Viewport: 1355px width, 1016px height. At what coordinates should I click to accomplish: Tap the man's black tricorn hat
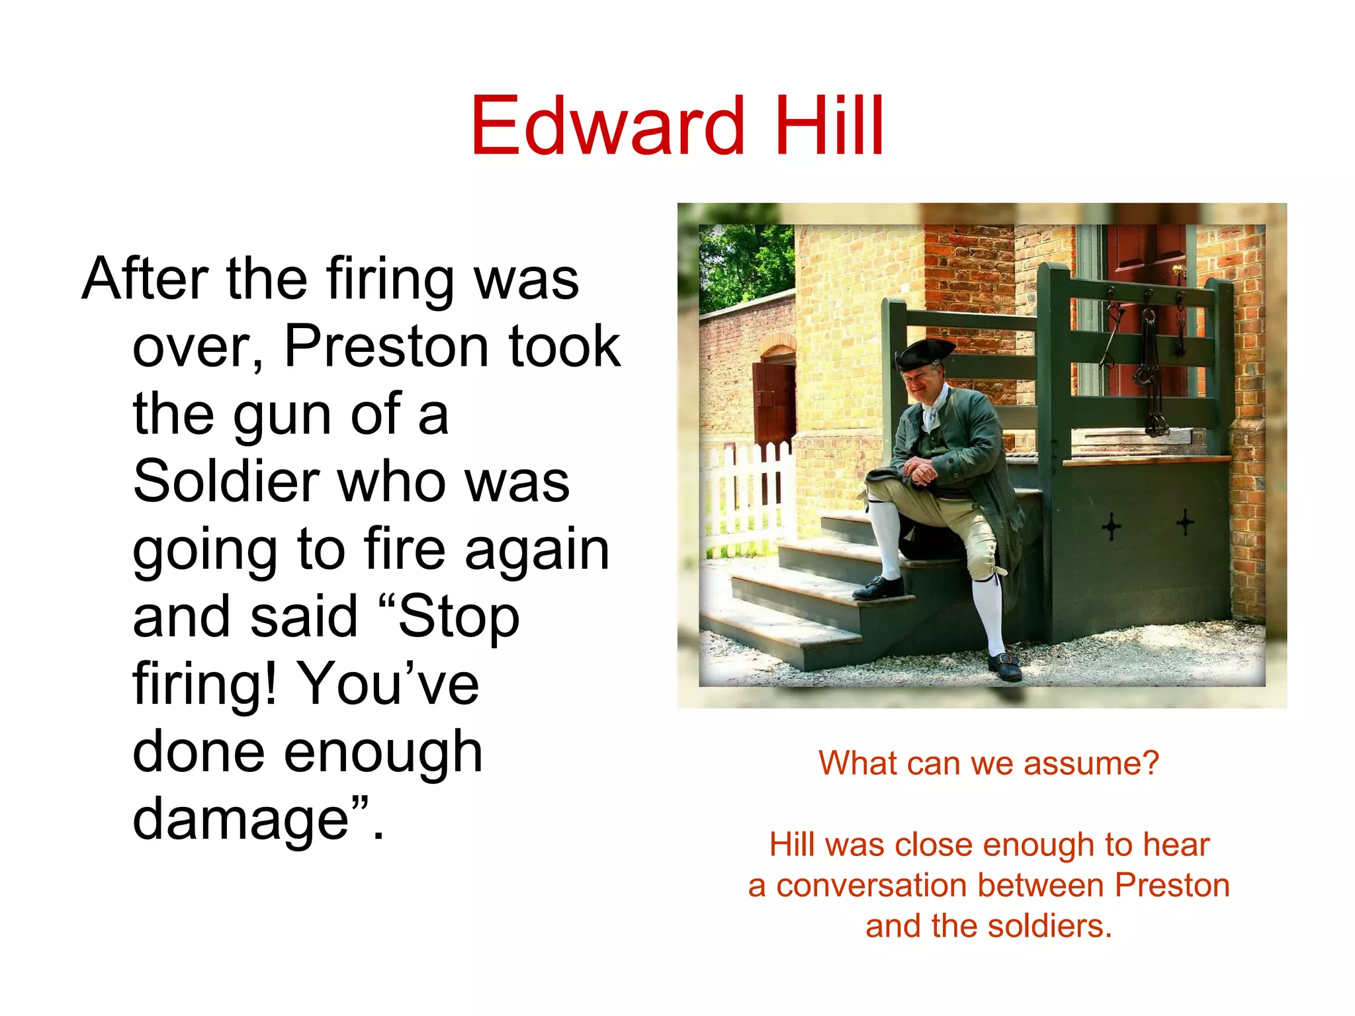pyautogui.click(x=924, y=354)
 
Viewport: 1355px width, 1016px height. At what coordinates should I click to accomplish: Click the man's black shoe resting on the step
pyautogui.click(x=877, y=587)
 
